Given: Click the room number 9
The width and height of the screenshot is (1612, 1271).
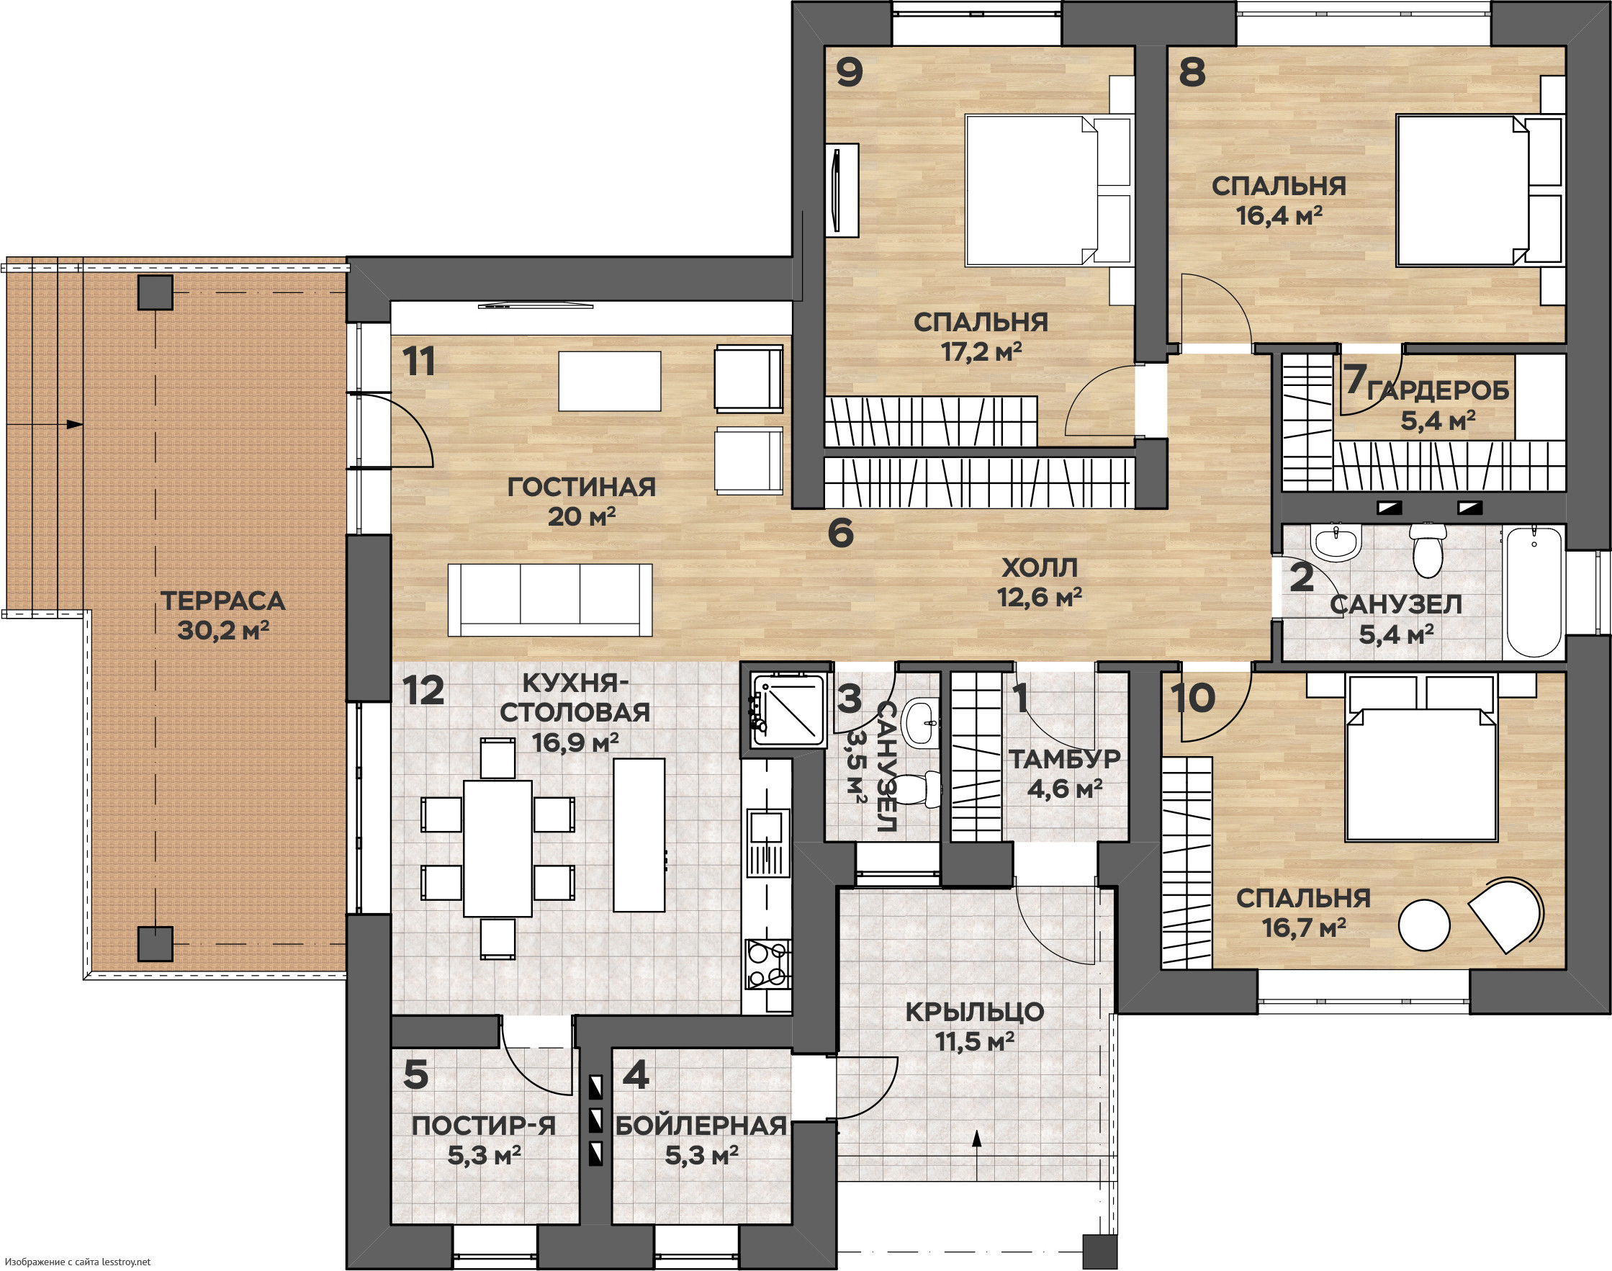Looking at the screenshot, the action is (850, 72).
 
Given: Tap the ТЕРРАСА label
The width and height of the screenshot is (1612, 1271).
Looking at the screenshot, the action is (223, 601).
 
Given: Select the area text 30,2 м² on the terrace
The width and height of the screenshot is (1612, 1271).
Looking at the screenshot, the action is (223, 630).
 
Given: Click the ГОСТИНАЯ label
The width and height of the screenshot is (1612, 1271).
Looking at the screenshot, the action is (582, 488).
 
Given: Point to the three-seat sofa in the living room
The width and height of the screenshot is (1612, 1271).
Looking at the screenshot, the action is (550, 600).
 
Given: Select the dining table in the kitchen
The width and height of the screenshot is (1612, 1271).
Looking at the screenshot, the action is (497, 848).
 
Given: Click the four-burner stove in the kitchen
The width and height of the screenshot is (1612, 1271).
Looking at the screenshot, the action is (768, 964).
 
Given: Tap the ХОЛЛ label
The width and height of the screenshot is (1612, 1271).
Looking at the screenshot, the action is (1040, 567).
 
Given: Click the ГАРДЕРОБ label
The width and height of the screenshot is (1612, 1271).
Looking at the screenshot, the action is (1438, 391).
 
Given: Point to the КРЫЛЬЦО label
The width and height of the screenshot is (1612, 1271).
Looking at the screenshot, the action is (975, 1012).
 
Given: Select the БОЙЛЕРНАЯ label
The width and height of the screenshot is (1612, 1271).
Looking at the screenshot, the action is (701, 1126).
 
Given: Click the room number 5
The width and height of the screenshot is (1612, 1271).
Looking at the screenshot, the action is (416, 1074).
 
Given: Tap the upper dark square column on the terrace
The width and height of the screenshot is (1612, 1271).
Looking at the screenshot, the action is (156, 292).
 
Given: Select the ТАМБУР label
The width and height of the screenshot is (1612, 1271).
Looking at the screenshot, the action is (1065, 759).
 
